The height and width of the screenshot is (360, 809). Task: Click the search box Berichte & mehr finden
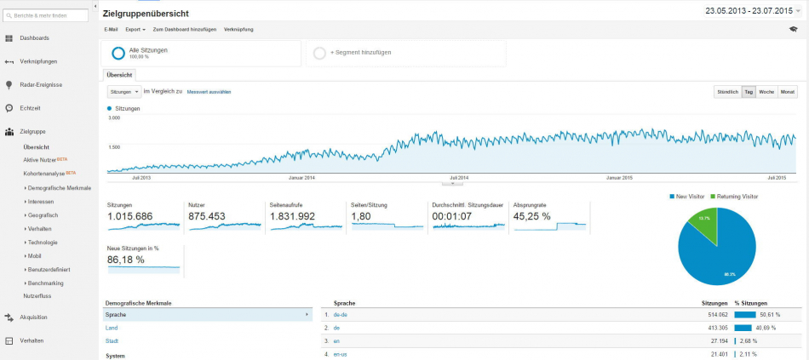[49, 15]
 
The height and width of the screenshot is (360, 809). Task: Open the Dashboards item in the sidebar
[34, 38]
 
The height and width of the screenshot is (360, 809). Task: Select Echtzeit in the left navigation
[30, 108]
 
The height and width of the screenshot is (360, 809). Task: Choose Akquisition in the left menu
[33, 317]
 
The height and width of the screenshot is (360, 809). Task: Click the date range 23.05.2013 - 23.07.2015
[754, 10]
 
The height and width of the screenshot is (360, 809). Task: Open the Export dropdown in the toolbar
[135, 30]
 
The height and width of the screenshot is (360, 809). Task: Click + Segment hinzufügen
[357, 53]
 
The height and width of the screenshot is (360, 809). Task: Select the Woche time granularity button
[766, 91]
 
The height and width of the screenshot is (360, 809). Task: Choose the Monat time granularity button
[788, 91]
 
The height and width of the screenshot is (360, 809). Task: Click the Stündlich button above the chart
[727, 91]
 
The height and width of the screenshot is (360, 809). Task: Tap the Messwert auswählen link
[209, 91]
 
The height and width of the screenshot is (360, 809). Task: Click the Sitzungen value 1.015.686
[130, 216]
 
